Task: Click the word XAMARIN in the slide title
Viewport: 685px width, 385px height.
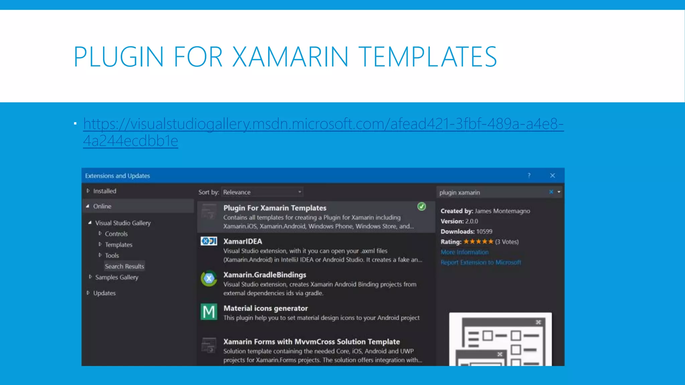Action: (290, 57)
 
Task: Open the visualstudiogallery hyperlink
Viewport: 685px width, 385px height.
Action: (323, 124)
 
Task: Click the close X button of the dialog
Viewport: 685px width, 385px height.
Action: (553, 175)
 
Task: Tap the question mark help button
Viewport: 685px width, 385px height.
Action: (529, 175)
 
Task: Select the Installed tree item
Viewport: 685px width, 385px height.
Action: (104, 191)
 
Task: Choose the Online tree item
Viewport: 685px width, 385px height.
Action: (102, 206)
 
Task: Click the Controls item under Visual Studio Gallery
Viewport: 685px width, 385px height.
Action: (116, 234)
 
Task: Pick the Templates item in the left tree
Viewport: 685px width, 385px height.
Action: (118, 245)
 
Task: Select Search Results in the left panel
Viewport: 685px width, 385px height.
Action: (124, 266)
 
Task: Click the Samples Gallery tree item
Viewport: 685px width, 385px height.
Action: (116, 277)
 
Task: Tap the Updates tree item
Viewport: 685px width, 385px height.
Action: (104, 293)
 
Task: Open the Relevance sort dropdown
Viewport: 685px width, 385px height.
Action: (262, 192)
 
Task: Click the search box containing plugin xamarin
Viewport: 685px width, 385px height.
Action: (492, 192)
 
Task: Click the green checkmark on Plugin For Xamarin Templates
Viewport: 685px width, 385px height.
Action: (422, 207)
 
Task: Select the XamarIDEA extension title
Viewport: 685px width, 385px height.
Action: (242, 241)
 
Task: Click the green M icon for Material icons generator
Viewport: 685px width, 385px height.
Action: (209, 312)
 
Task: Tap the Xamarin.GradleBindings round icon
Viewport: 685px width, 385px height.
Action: (209, 278)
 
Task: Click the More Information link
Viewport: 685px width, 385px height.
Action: (465, 252)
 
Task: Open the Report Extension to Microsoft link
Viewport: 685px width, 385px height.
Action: (481, 262)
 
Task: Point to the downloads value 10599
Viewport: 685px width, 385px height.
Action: (484, 232)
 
